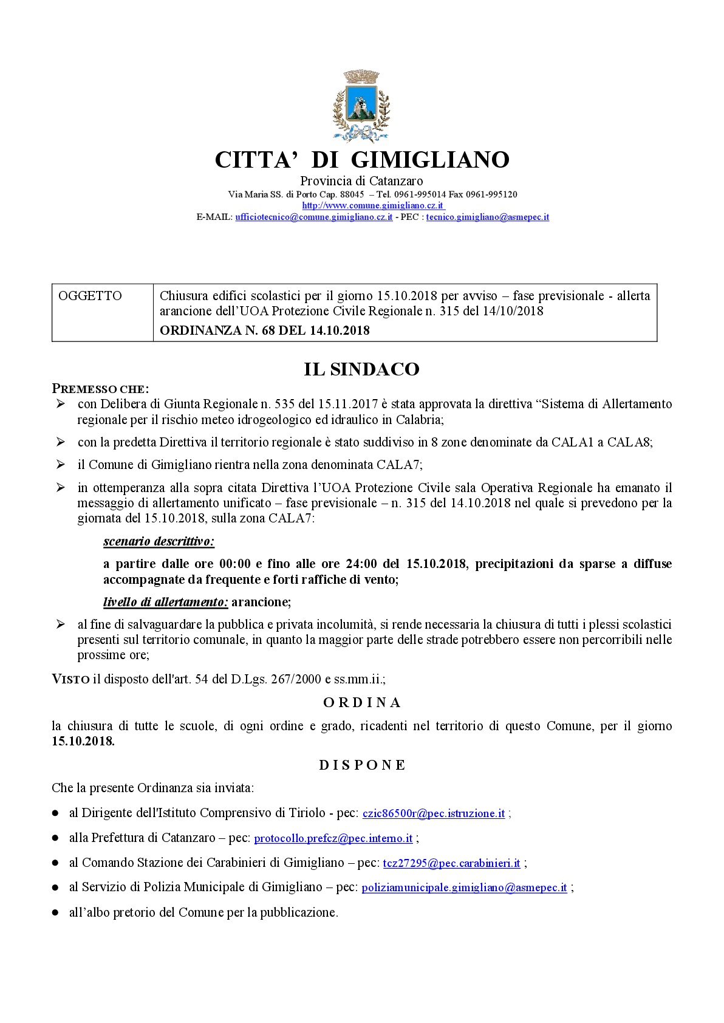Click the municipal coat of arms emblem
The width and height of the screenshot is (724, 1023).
[361, 104]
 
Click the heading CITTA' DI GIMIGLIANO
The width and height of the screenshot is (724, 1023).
[362, 160]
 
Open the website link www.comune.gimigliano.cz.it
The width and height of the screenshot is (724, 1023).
[373, 206]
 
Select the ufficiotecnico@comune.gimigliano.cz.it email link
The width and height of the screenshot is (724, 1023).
[313, 217]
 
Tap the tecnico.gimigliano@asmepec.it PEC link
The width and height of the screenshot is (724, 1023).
[487, 217]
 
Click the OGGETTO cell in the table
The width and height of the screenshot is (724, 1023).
[90, 296]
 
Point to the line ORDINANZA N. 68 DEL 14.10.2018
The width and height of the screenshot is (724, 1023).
[264, 331]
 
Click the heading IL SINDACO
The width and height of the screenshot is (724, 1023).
[362, 369]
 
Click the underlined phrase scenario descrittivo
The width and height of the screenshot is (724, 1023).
[159, 541]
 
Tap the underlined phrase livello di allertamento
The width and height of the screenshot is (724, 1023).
[165, 602]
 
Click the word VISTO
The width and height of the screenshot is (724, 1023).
[70, 679]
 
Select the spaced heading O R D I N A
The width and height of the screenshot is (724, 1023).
[362, 703]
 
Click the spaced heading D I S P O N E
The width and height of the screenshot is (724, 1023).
[362, 765]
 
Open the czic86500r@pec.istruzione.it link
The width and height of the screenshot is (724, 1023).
[434, 813]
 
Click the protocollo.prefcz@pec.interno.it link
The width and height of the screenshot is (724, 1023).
[333, 838]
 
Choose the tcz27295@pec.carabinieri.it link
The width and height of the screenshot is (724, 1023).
[451, 863]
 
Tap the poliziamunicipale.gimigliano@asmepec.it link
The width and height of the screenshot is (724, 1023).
[464, 888]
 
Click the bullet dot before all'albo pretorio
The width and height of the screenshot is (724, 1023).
[55, 912]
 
